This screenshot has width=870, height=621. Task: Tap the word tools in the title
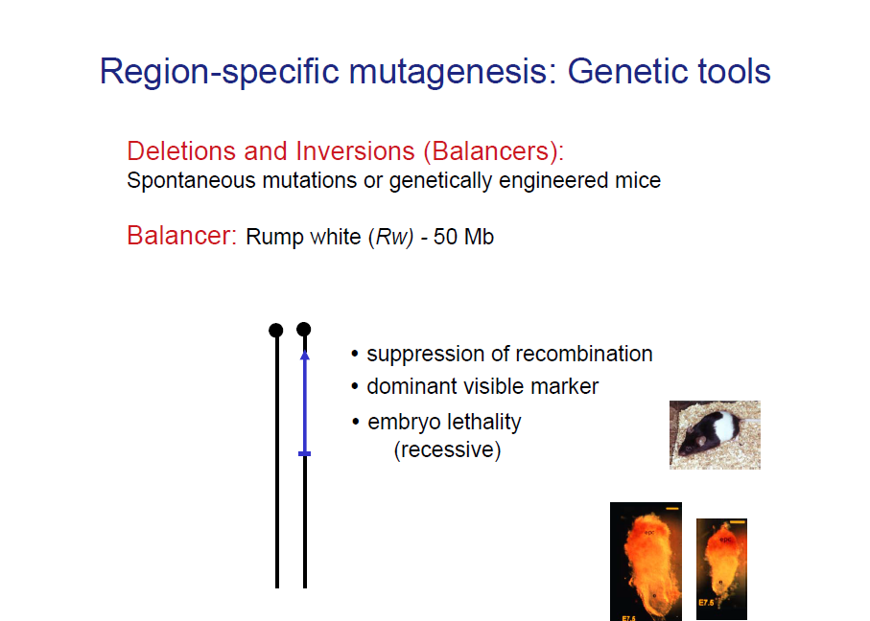click(x=733, y=72)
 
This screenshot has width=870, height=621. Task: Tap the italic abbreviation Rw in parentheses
click(x=390, y=237)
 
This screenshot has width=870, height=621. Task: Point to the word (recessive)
click(x=447, y=449)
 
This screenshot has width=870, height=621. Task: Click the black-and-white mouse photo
click(x=715, y=435)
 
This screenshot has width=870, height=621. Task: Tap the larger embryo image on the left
click(x=646, y=562)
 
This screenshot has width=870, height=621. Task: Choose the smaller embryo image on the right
click(x=721, y=569)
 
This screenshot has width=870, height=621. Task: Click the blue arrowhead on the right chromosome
click(x=304, y=355)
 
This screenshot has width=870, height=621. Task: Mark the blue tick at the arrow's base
click(x=304, y=453)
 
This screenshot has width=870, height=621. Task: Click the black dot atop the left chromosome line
click(x=276, y=330)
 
